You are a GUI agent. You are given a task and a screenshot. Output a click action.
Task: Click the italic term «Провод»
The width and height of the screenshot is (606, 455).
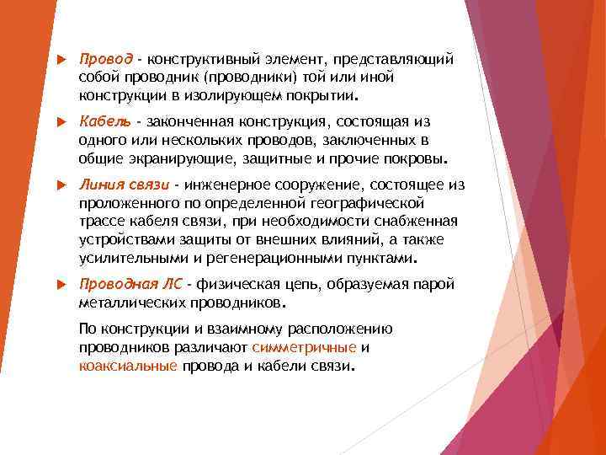click(106, 60)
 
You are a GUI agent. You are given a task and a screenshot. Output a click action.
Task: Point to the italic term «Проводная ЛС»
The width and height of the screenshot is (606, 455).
click(130, 283)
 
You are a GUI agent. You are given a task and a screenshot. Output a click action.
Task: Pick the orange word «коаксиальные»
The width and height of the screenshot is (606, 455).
click(127, 366)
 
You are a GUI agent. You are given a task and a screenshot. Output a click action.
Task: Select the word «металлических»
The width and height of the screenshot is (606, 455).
click(124, 301)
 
